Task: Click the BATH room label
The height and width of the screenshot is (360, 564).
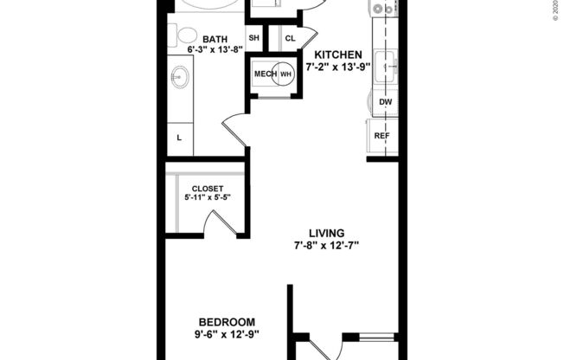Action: [x=216, y=39]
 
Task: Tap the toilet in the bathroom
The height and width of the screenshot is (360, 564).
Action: [x=186, y=35]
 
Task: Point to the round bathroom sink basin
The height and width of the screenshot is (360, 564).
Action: [x=180, y=79]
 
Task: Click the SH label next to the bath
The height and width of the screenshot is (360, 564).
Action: [x=254, y=38]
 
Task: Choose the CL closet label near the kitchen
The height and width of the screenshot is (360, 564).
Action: [x=290, y=38]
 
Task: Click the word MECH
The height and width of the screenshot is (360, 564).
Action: [x=264, y=74]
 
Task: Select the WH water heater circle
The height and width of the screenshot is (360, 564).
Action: [x=285, y=74]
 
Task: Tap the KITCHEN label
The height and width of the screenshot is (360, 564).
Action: [x=337, y=55]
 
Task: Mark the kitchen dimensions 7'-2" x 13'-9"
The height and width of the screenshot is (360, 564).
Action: [x=337, y=67]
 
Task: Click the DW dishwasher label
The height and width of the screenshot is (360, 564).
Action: [x=385, y=102]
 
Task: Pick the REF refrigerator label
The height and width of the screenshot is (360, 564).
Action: [x=381, y=137]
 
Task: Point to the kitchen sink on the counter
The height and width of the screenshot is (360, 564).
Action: [x=386, y=64]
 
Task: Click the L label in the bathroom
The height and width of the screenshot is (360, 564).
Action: [x=179, y=138]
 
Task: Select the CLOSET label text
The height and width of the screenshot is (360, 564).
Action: [x=207, y=189]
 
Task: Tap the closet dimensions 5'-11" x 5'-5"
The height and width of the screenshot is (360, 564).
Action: [x=207, y=198]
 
